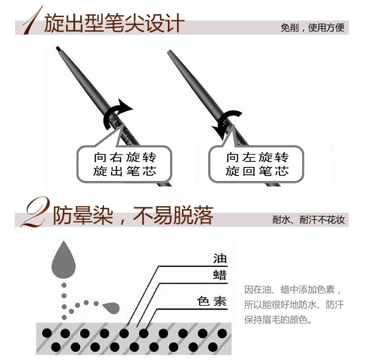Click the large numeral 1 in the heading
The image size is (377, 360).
(x=33, y=21)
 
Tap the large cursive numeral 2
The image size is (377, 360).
(x=36, y=212)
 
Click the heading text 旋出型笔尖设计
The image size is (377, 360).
(x=115, y=23)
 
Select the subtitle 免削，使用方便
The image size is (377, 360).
(x=312, y=28)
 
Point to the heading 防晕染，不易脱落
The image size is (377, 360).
(x=133, y=215)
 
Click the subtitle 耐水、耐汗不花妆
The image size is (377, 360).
(x=309, y=220)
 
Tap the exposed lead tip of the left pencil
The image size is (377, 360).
(x=58, y=49)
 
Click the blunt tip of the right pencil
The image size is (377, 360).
(x=169, y=52)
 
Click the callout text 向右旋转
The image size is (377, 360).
(x=125, y=157)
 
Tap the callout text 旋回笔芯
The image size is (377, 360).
(x=257, y=171)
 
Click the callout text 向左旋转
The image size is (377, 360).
(x=257, y=157)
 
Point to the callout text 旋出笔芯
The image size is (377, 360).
(x=125, y=171)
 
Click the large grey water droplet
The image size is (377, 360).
(x=64, y=259)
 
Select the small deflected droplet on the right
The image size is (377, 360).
(x=111, y=308)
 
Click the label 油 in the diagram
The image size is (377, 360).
(x=220, y=258)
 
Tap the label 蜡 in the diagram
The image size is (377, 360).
(x=220, y=275)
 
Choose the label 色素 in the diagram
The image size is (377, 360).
(x=212, y=301)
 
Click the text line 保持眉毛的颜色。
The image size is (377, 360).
(x=278, y=320)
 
